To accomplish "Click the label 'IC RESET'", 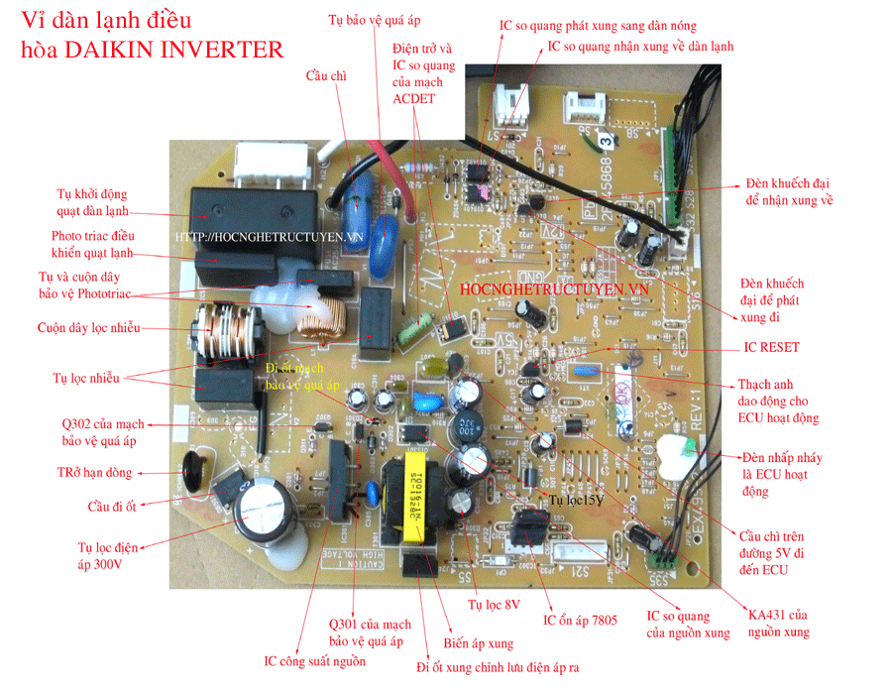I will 771,348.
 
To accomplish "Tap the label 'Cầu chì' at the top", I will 326,75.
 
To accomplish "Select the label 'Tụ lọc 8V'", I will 494,603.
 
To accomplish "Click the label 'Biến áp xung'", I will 478,642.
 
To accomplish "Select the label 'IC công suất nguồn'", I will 314,661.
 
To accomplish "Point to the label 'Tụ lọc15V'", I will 576,502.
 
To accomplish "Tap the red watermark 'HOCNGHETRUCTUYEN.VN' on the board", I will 554,289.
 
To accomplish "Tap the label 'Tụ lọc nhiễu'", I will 85,378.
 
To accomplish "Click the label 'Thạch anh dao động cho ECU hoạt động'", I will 778,401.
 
